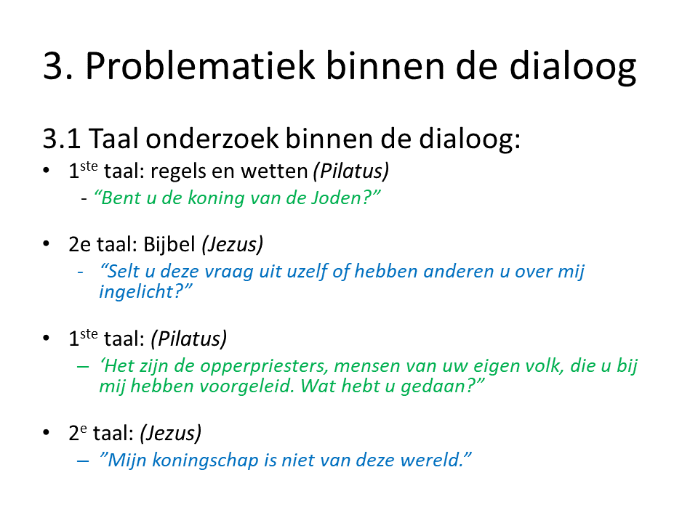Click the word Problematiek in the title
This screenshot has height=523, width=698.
(201, 66)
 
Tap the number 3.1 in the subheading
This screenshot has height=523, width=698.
(61, 138)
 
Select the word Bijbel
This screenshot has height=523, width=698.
(169, 245)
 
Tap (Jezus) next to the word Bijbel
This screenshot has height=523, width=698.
(233, 245)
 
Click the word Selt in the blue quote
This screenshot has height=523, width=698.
(124, 271)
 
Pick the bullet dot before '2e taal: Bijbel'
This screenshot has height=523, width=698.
(47, 244)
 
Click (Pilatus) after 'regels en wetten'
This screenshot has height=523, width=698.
(351, 171)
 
